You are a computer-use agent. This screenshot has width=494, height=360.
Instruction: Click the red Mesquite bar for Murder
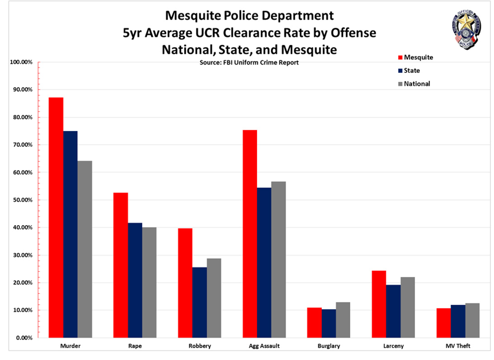point(56,218)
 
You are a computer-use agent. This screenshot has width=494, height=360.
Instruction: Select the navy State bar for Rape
point(135,280)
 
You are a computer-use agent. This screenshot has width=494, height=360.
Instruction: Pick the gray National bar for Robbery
point(214,298)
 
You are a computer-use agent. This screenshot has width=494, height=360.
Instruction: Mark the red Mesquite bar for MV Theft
point(443,323)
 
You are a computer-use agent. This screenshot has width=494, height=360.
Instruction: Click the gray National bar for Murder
point(85,249)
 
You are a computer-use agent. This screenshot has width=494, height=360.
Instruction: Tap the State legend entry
point(412,71)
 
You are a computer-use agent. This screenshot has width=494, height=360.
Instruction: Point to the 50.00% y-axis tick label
point(21,200)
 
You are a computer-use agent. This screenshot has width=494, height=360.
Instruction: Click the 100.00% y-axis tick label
point(20,62)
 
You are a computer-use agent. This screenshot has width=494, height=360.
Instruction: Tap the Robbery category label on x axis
point(200,346)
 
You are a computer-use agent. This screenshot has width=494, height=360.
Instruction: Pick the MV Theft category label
point(458,346)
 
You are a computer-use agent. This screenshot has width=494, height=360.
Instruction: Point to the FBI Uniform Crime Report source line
point(249,63)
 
